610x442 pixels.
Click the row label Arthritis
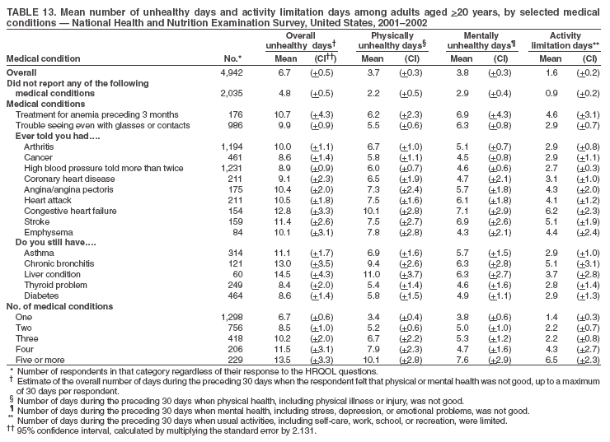[x=39, y=146]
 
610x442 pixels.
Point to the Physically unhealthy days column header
[x=392, y=41]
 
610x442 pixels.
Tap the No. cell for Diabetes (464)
[x=232, y=295]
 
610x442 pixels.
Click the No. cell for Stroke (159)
[x=232, y=221]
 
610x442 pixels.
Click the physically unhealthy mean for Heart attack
[x=373, y=199]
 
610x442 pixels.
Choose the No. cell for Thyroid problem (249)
[x=232, y=285]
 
